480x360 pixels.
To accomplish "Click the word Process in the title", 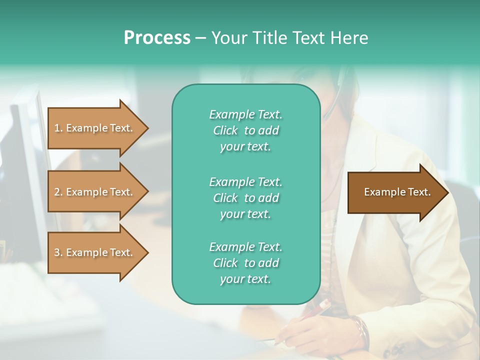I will (157, 38).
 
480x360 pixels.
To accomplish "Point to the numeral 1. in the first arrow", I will (58, 128).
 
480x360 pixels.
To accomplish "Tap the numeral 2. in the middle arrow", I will (58, 192).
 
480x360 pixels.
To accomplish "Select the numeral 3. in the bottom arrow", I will (58, 252).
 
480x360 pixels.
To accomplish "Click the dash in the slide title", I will (200, 38).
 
